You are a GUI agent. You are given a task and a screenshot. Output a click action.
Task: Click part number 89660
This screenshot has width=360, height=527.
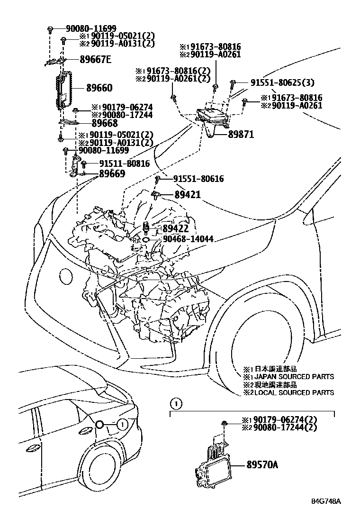click(x=99, y=88)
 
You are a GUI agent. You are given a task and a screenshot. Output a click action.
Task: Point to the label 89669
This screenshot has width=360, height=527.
click(x=112, y=173)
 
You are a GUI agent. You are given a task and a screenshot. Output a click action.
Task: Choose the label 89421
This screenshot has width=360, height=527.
click(x=188, y=194)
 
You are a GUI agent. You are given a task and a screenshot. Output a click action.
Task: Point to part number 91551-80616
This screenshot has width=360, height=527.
click(x=198, y=179)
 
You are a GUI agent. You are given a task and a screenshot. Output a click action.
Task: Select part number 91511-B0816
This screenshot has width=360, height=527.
click(x=124, y=164)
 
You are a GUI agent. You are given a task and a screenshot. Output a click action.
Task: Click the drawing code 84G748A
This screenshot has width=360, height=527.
click(x=327, y=514)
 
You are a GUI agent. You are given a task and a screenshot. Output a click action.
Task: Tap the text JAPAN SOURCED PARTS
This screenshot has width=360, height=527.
click(x=292, y=377)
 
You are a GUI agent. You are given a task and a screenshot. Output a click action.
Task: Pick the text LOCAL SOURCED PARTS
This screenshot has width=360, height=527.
click(x=292, y=392)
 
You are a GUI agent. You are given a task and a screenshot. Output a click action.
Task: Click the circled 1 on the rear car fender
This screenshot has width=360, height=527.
click(x=121, y=424)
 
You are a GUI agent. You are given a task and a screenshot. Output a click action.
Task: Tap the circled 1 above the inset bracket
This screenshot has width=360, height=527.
click(x=176, y=404)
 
